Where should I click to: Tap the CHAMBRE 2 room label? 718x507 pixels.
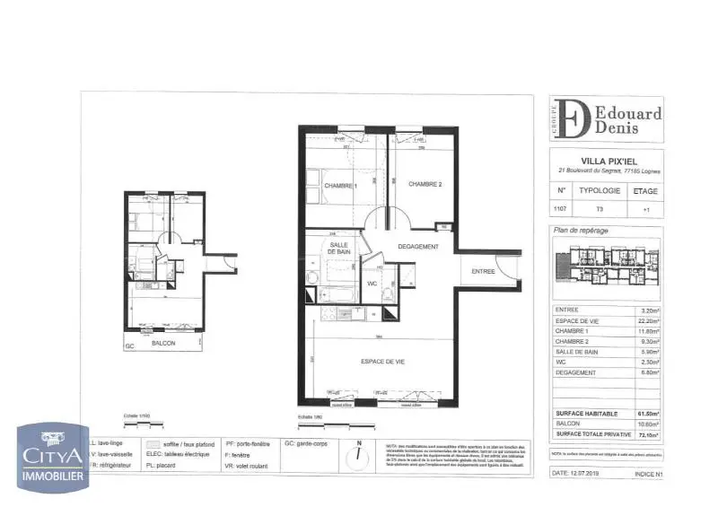pos(425,185)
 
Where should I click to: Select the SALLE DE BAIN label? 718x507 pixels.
pos(339,249)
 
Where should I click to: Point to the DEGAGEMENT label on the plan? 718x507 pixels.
pos(418,247)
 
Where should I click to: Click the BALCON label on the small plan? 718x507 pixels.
pos(163,344)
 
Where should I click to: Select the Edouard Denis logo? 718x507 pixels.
pos(606,119)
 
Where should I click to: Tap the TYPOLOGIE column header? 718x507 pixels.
pos(600,191)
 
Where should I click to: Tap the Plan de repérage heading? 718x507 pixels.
pos(582,231)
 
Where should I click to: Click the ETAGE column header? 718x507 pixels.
pos(645,191)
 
